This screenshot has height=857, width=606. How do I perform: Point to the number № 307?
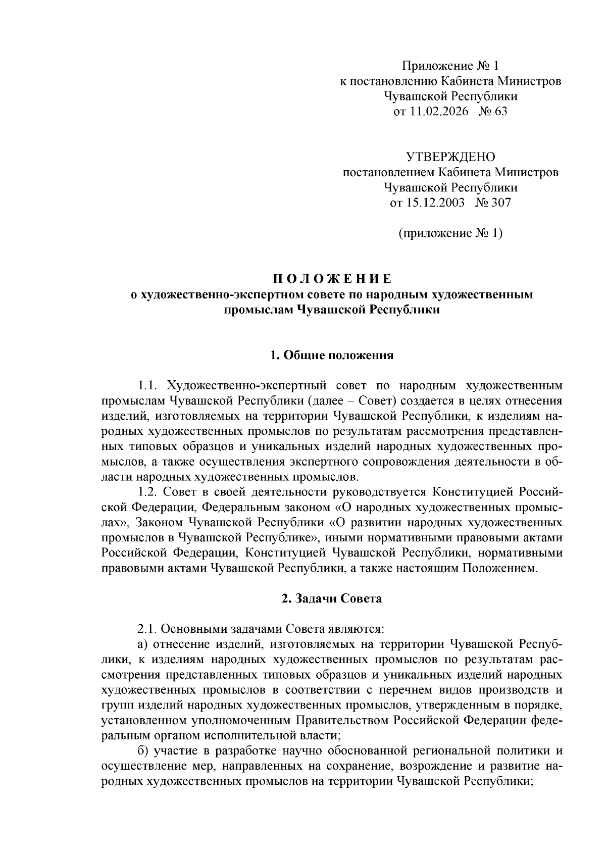coord(493,203)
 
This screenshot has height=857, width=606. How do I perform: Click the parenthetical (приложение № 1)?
coord(450,233)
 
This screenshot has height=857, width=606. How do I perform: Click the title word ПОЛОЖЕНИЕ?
coord(332,279)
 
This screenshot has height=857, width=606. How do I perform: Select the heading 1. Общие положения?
coord(332,355)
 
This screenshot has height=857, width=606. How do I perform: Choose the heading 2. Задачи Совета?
coord(332,599)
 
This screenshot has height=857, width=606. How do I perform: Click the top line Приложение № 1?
coord(450,66)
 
